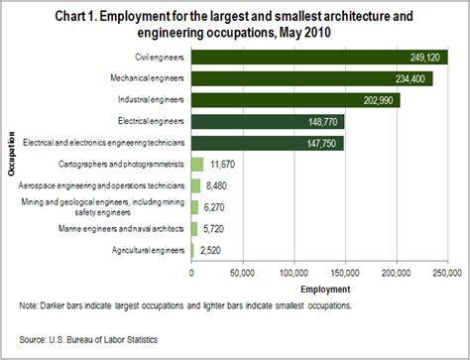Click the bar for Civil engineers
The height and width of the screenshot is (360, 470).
(317, 58)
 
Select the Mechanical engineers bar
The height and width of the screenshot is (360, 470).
(310, 78)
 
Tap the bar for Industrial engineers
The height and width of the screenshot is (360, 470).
(294, 100)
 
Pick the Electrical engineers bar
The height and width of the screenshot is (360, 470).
(267, 121)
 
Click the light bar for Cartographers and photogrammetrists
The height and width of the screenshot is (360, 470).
(196, 164)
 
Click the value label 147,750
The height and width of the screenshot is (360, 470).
(324, 143)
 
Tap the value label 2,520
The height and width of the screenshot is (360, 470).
(210, 250)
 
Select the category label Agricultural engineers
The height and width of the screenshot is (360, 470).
(146, 250)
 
